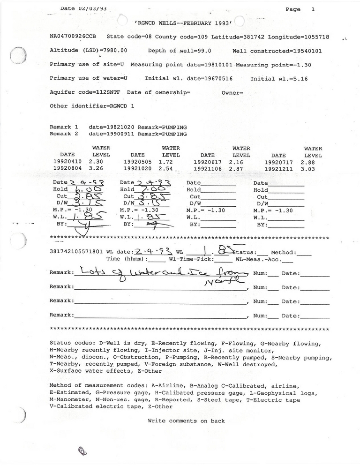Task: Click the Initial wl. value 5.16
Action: point(299,79)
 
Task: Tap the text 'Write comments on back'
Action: point(186,421)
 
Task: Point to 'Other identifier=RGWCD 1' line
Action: point(91,106)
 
